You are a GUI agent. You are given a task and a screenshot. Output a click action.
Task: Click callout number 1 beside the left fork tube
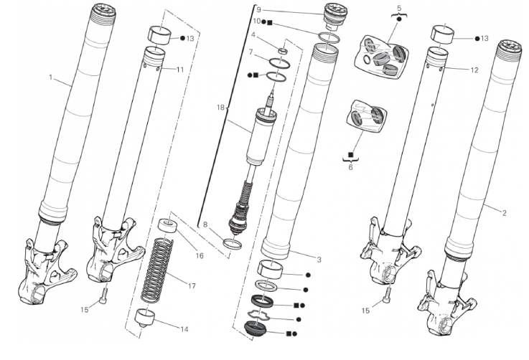51,76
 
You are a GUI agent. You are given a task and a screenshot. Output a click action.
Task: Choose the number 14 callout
184,329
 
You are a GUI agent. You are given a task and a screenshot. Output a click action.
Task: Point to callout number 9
258,9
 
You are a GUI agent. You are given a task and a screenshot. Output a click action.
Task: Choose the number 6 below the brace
351,166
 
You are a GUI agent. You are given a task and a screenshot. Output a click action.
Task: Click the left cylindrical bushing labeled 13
159,34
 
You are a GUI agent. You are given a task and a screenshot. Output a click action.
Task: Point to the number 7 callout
251,52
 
